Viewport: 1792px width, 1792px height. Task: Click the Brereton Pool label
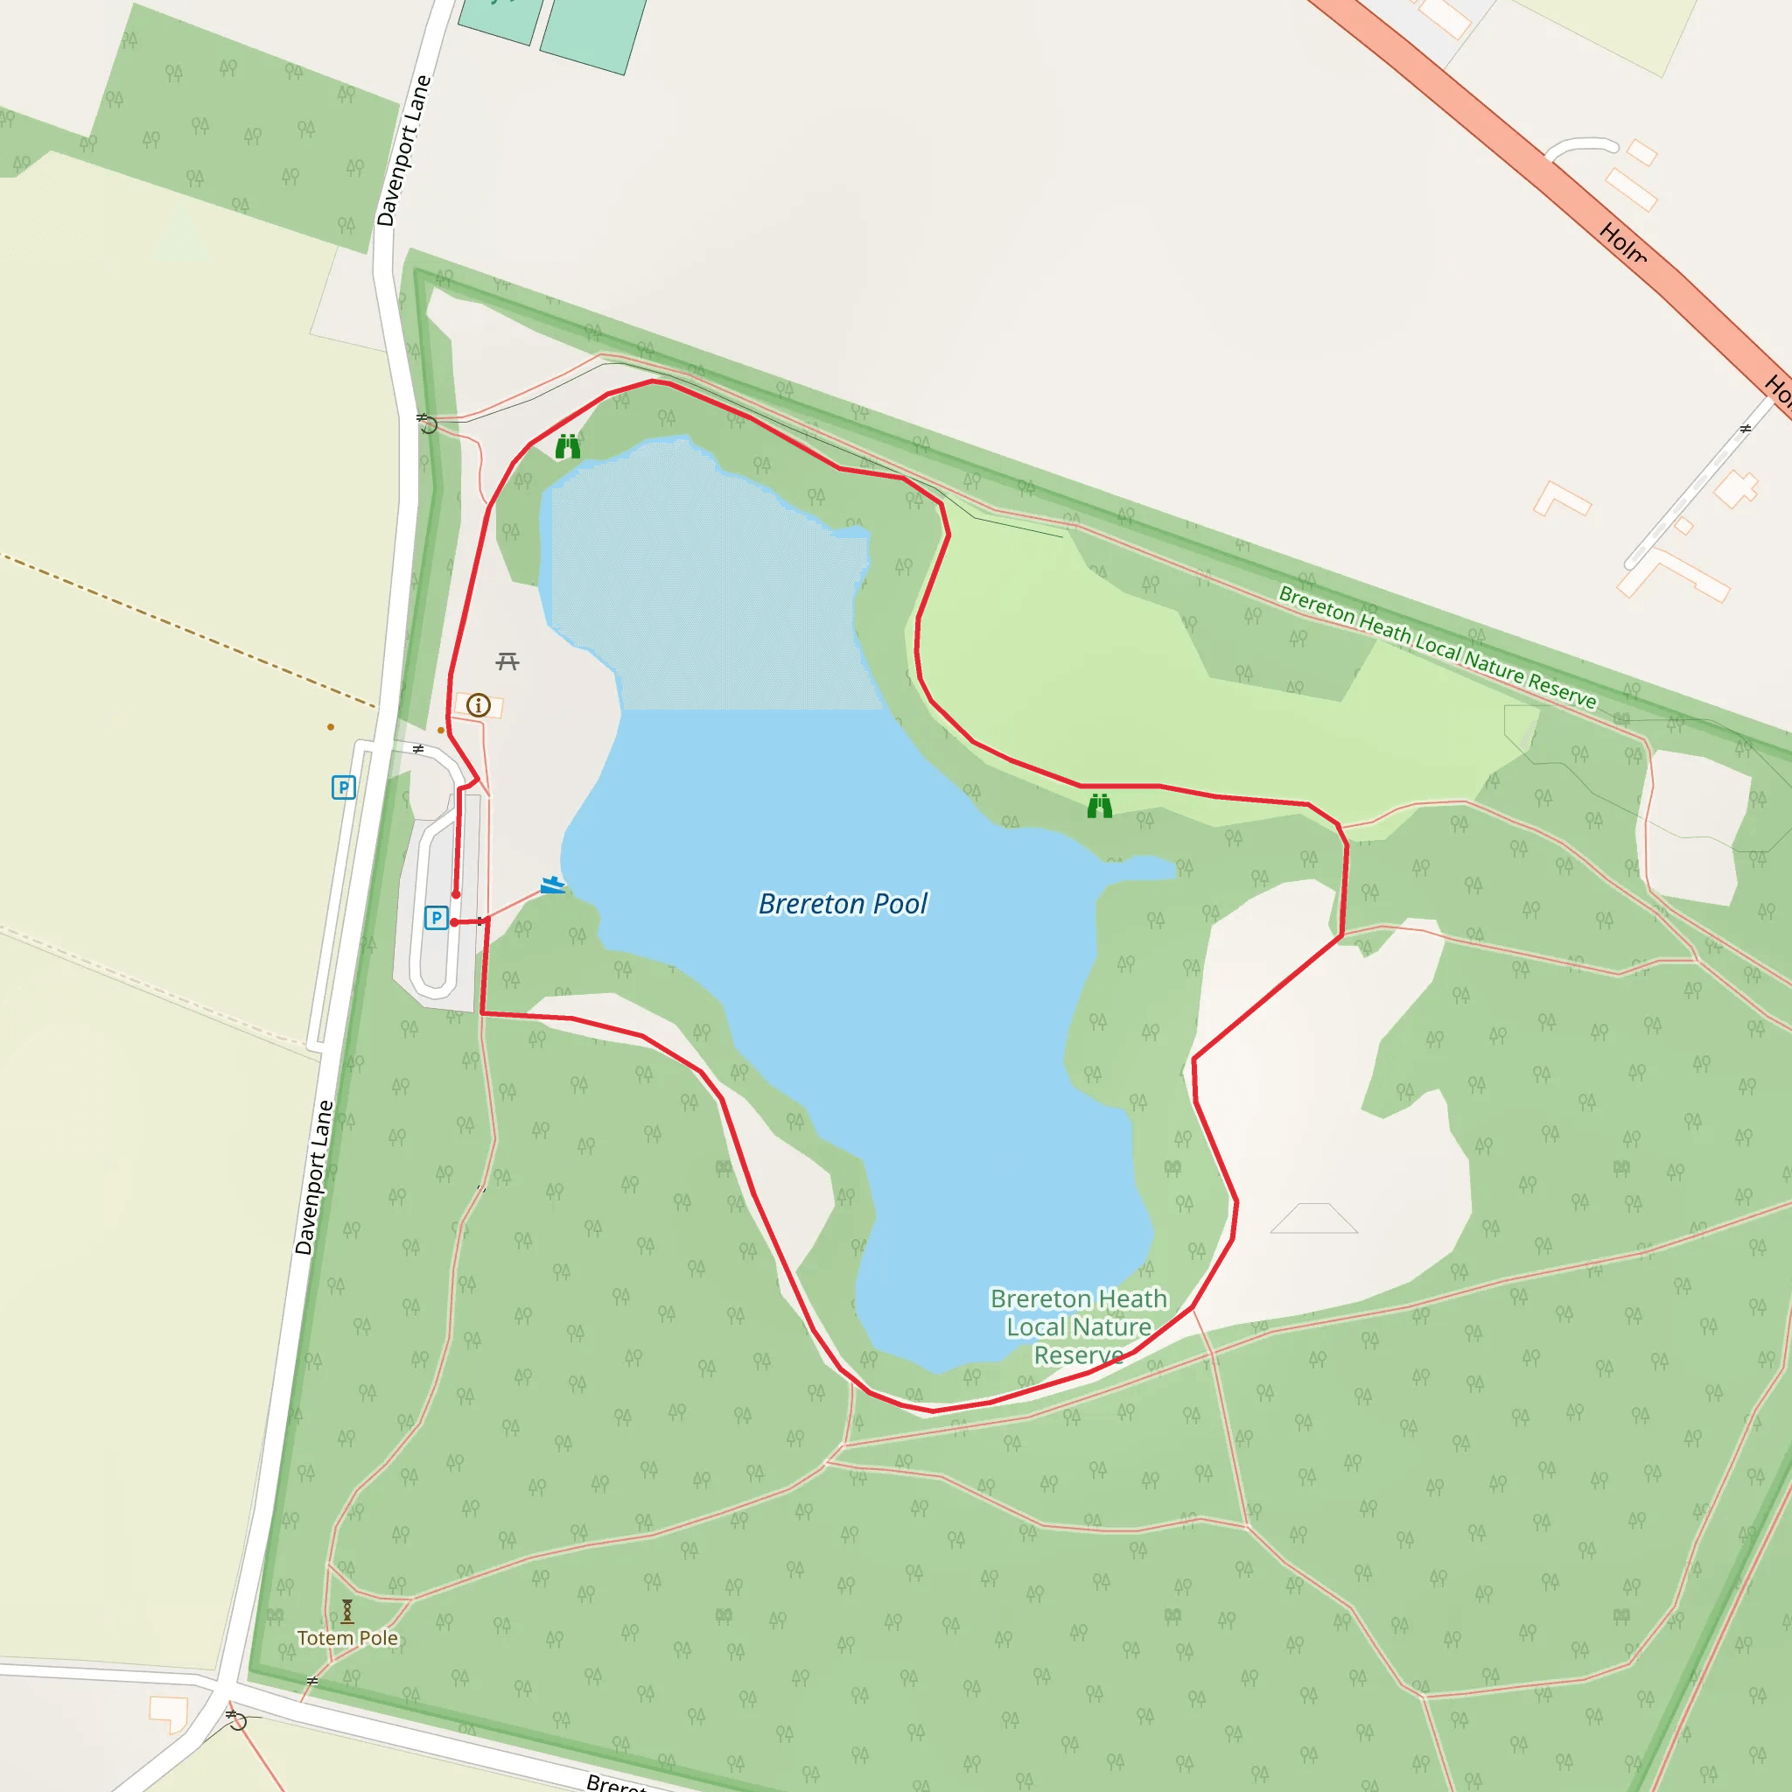coord(843,903)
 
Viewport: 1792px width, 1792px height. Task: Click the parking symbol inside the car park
coord(436,918)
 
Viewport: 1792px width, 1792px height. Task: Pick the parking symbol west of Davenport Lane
coord(343,787)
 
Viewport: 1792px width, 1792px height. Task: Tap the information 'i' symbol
coord(479,705)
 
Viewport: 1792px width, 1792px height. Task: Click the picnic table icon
coord(507,661)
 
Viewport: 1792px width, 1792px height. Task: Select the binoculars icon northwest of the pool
coord(568,447)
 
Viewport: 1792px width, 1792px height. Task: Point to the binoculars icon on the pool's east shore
coord(1099,806)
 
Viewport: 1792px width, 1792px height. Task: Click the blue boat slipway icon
coord(552,885)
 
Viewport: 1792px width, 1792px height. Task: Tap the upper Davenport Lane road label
coord(403,150)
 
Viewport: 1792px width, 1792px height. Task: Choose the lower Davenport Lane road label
coord(313,1177)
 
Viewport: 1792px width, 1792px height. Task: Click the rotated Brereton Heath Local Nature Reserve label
coord(1437,647)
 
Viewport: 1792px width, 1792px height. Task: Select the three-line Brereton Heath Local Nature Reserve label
coord(1078,1326)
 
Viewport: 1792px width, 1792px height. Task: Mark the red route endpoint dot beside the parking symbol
coord(453,922)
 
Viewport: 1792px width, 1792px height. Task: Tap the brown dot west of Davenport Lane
coord(330,727)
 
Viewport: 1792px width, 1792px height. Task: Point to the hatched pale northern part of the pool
coord(705,575)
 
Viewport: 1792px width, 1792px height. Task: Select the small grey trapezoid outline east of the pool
coord(1313,1219)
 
